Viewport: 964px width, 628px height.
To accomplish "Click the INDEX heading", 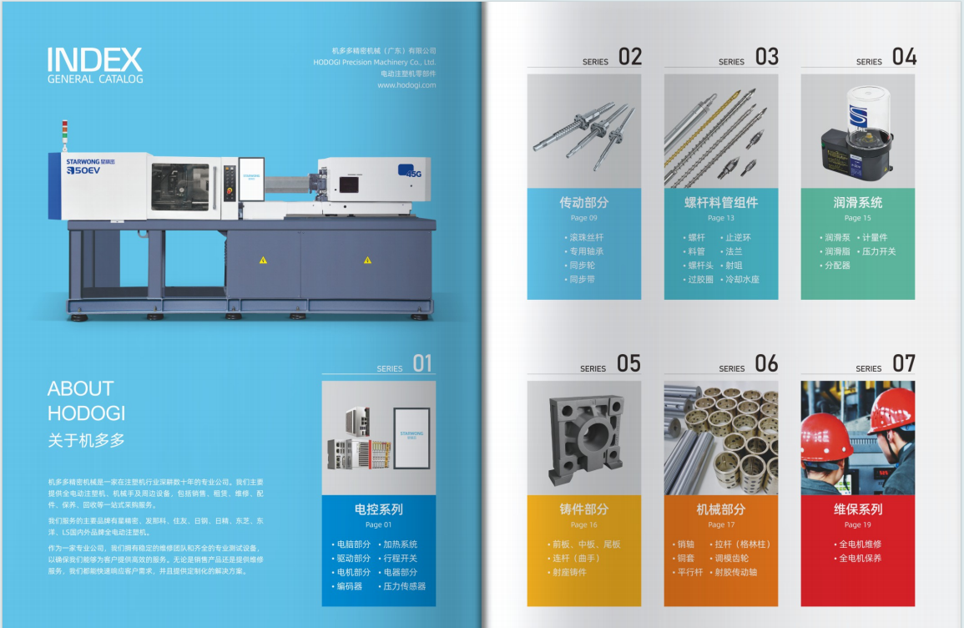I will pos(95,59).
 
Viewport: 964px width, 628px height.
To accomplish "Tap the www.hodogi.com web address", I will pos(406,84).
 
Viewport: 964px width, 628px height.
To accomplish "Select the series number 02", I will pos(630,57).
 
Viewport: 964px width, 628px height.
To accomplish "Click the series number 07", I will pos(904,363).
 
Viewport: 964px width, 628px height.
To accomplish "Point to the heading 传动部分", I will pos(584,202).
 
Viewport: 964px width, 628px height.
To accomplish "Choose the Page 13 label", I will pos(721,218).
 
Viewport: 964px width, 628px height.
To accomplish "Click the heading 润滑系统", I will pos(857,202).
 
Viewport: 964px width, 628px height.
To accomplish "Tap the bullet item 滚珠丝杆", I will pos(585,237).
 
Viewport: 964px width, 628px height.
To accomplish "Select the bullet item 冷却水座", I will pos(741,280).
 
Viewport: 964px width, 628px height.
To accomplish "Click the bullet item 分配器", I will pos(837,266).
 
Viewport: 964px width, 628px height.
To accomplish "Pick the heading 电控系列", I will pos(378,509).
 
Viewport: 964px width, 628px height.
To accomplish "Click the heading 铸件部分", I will pos(584,509).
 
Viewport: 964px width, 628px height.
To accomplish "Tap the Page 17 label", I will pos(721,524).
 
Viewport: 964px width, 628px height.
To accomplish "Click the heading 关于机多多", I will pos(86,440).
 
